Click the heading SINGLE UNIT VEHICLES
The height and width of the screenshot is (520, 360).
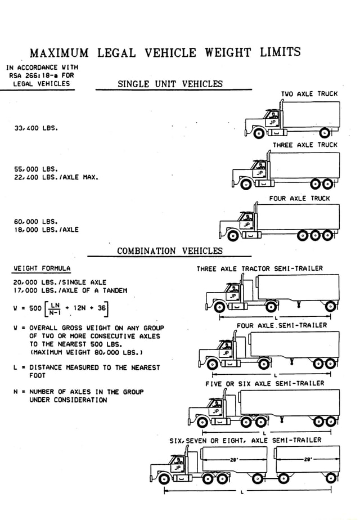click(170, 84)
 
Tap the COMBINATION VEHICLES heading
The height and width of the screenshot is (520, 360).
click(170, 251)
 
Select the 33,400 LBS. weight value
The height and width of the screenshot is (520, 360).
click(36, 128)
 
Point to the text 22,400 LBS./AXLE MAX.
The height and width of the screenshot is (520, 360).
click(56, 177)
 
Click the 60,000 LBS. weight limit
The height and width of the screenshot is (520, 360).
click(36, 222)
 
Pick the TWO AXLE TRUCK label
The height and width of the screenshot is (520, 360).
click(309, 94)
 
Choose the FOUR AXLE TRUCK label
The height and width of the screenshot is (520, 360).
click(300, 198)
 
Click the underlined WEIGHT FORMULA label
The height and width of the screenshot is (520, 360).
click(42, 268)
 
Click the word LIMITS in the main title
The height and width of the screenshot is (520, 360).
click(280, 52)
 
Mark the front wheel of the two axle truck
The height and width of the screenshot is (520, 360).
click(259, 133)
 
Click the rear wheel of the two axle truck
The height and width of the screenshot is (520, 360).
click(325, 133)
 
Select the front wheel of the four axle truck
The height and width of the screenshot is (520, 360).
click(233, 236)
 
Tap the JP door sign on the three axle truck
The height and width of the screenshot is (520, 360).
click(260, 173)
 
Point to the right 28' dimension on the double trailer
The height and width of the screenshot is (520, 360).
click(308, 460)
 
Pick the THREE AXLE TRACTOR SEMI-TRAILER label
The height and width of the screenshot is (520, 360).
click(259, 268)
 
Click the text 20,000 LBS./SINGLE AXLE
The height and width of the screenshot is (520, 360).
click(60, 283)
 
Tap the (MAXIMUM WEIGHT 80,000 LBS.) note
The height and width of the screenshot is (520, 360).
click(86, 352)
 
